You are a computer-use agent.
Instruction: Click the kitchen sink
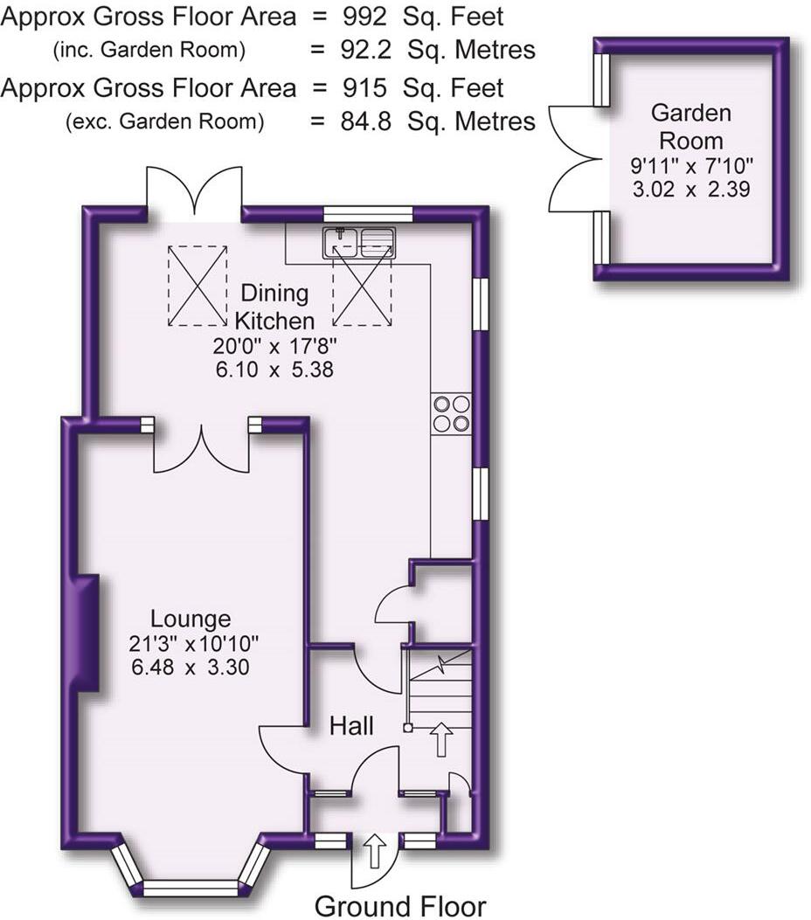[359, 242]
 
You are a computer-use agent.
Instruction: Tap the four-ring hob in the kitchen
[451, 413]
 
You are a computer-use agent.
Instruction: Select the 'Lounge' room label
[191, 619]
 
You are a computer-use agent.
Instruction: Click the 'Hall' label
[351, 725]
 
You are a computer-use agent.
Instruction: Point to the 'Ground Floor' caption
[399, 905]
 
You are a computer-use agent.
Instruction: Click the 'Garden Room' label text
[690, 127]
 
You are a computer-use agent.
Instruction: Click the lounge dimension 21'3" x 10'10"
[193, 646]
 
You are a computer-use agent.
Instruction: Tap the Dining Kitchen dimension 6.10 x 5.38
[274, 369]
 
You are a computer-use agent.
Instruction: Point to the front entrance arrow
[375, 850]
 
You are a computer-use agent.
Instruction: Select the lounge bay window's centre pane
[190, 888]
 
